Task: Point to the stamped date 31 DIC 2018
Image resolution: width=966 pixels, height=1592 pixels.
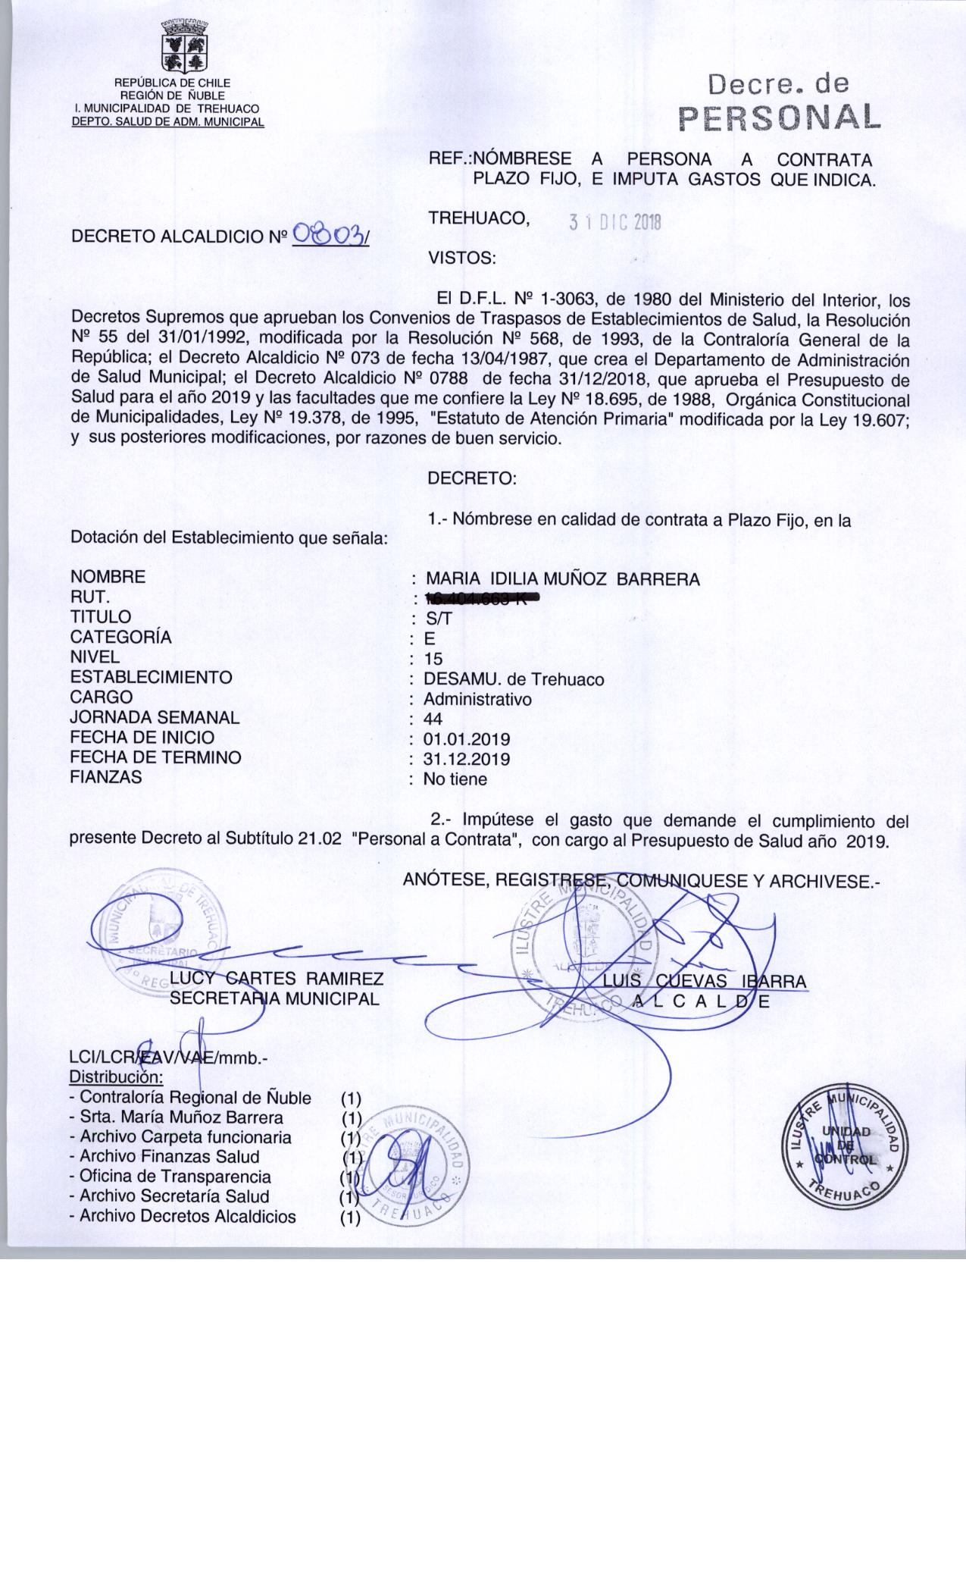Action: click(615, 222)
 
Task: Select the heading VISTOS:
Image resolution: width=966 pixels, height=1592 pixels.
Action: click(462, 258)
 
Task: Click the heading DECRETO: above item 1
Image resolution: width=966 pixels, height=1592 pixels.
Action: click(472, 479)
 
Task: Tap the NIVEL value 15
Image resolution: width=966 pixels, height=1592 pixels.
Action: click(434, 659)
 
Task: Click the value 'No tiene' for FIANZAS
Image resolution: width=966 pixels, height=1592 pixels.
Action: click(455, 779)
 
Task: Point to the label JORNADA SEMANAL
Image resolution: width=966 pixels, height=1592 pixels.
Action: click(155, 717)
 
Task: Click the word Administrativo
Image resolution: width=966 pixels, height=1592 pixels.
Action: click(477, 699)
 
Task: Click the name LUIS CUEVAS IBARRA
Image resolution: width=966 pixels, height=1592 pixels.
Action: click(705, 981)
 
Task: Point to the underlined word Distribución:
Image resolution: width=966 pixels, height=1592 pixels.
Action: click(116, 1077)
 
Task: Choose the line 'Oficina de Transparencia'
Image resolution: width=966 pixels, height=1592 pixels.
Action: click(175, 1177)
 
